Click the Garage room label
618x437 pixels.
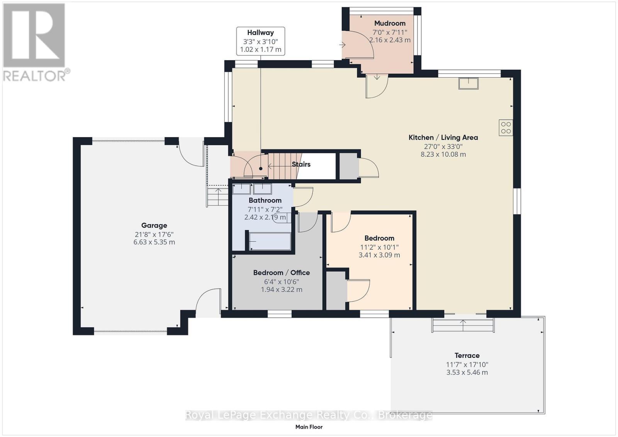[154, 225]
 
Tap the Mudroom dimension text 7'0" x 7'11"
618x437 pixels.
[390, 32]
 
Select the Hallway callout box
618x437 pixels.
[261, 41]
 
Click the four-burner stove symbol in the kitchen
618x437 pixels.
[506, 128]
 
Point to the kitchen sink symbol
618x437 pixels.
[468, 83]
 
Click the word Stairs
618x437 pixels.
[301, 164]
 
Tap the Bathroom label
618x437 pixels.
[265, 200]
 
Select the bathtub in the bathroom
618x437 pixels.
[270, 241]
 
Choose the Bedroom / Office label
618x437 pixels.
[281, 273]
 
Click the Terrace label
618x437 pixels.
[467, 356]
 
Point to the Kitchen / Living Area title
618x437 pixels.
[443, 137]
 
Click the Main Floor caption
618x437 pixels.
[309, 427]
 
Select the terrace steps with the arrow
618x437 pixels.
[463, 325]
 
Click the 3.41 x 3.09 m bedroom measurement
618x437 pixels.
[379, 255]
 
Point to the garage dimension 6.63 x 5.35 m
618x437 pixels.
[154, 242]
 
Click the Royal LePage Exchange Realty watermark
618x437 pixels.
[309, 415]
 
